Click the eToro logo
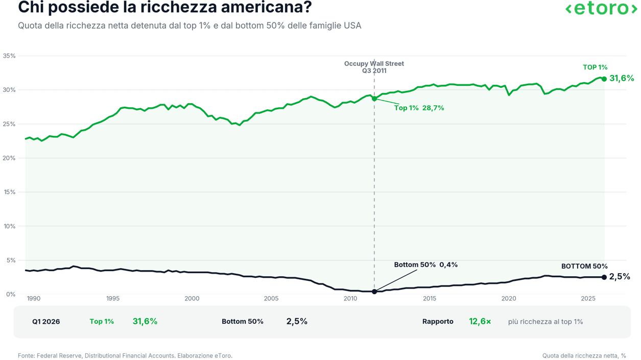click(x=601, y=8)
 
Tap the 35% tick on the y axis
click(x=9, y=56)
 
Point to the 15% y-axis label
click(x=9, y=192)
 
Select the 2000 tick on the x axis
click(x=192, y=299)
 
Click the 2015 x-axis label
click(x=430, y=299)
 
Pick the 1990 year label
click(x=34, y=299)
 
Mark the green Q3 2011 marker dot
click(x=374, y=99)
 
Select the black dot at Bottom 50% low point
click(x=374, y=292)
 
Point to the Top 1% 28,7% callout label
click(x=419, y=108)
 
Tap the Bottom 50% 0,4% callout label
click(x=426, y=265)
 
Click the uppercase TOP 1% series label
click(x=595, y=67)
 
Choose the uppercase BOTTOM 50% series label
click(x=584, y=266)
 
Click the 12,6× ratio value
click(x=480, y=321)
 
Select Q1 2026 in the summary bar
click(x=46, y=322)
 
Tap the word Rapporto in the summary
click(x=438, y=322)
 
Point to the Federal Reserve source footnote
click(x=125, y=356)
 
